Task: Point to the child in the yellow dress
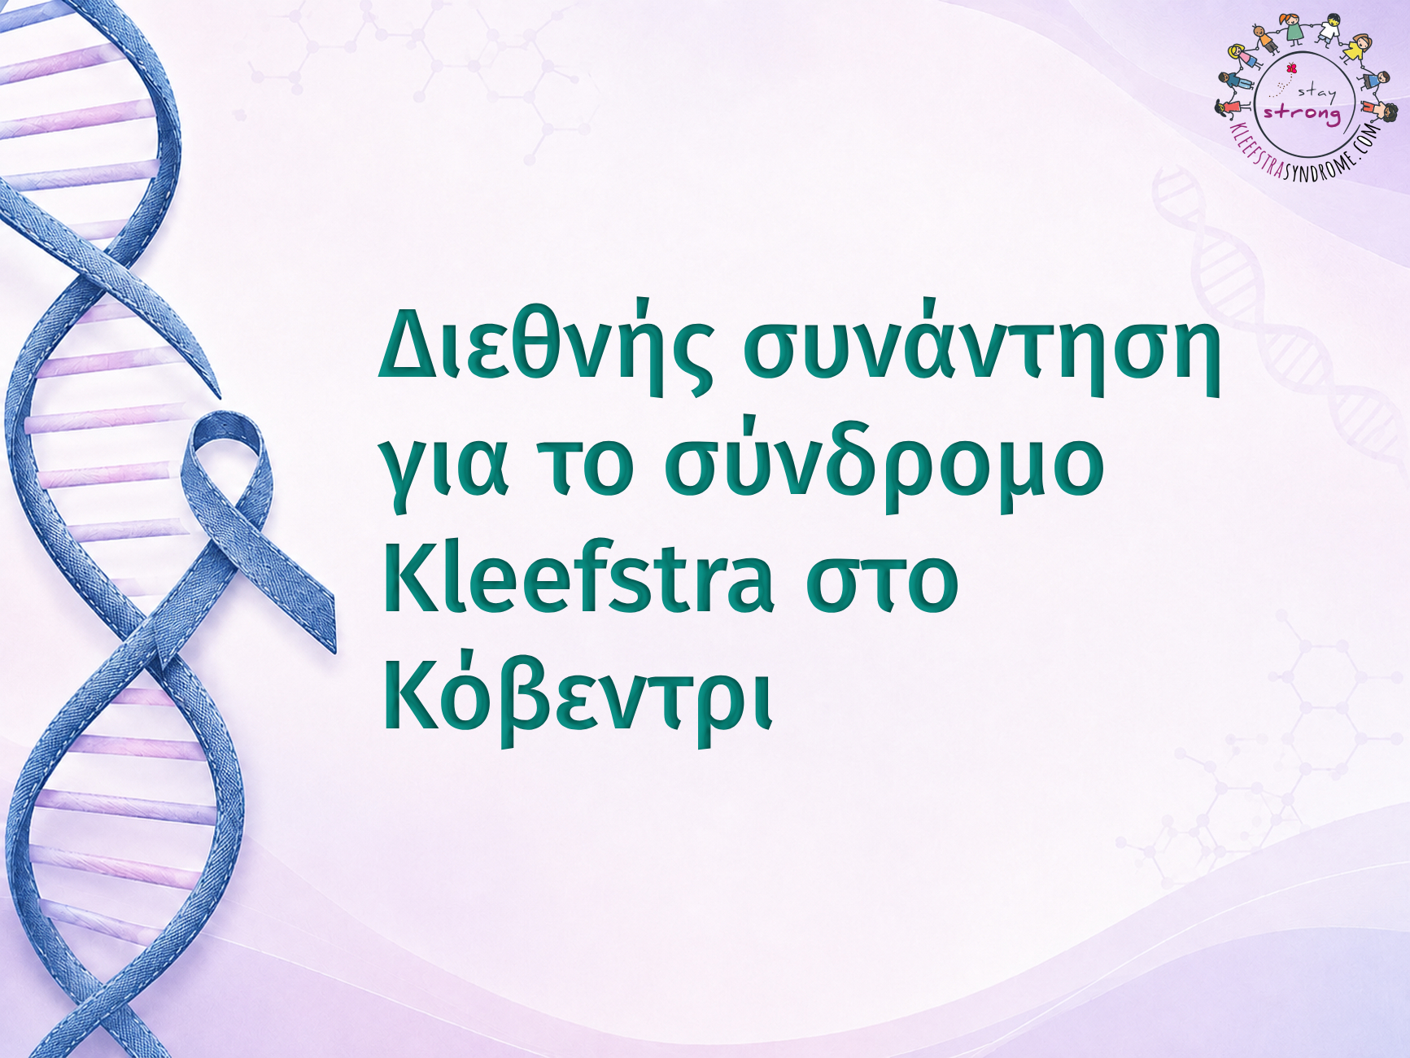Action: click(x=1356, y=48)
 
